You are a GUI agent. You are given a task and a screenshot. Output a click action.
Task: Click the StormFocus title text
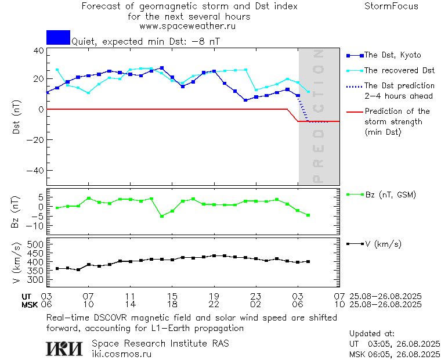391,7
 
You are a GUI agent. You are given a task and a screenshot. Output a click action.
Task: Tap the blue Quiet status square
58,38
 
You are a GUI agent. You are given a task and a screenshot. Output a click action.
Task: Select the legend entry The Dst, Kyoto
392,55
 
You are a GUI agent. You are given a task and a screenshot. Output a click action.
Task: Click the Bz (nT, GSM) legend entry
391,195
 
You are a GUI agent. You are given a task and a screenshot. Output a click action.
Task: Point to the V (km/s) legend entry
383,244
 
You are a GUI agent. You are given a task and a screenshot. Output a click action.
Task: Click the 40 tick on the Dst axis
39,51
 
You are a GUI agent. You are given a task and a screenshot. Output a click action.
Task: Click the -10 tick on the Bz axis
36,225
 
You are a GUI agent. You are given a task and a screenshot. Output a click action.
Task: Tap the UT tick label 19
214,296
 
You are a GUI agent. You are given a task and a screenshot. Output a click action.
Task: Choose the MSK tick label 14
130,304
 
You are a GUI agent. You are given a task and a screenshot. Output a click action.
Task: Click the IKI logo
65,348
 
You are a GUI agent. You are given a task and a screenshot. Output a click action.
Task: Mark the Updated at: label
372,334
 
